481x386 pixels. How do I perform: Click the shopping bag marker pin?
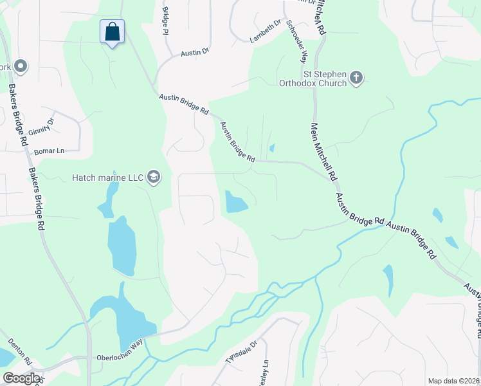[x=112, y=32]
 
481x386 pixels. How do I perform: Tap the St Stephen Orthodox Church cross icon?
[x=356, y=78]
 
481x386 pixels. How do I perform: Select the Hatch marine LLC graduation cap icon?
[x=153, y=177]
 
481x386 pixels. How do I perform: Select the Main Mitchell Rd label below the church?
[x=324, y=151]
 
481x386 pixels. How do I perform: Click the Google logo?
[x=21, y=378]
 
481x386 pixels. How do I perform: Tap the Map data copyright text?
[x=453, y=381]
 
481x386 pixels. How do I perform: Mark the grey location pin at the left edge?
[x=20, y=66]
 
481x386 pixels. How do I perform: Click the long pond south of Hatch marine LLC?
[x=121, y=245]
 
